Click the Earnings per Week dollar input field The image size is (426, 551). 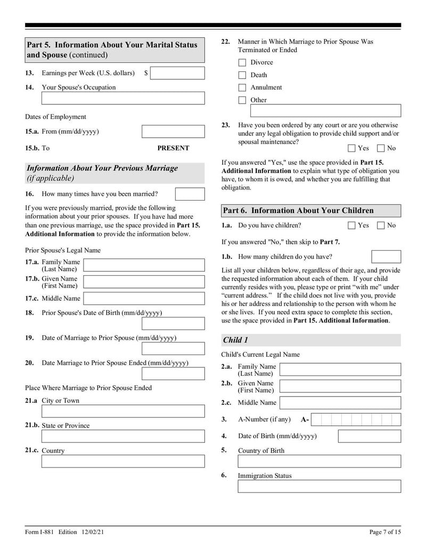point(177,73)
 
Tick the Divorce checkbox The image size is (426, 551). point(242,63)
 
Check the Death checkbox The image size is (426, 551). point(242,75)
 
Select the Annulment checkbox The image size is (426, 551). point(242,88)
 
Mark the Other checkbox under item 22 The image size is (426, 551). point(242,100)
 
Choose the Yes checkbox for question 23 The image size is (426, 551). point(351,149)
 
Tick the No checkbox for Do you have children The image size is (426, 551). point(381,226)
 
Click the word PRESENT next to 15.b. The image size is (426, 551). point(173,148)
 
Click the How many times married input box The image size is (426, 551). point(190,194)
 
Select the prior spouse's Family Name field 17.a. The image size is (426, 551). point(144,265)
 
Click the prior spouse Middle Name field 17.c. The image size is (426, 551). point(144,299)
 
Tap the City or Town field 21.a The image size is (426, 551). point(123,412)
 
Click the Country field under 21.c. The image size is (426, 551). point(123,461)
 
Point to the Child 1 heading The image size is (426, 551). point(235,340)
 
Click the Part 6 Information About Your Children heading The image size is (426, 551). point(298,210)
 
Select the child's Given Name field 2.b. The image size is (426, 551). point(340,386)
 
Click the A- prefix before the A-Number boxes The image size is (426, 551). point(305,420)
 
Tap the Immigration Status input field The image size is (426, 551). point(319,486)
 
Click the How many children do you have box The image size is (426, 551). point(386,257)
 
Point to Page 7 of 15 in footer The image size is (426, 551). point(385,533)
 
